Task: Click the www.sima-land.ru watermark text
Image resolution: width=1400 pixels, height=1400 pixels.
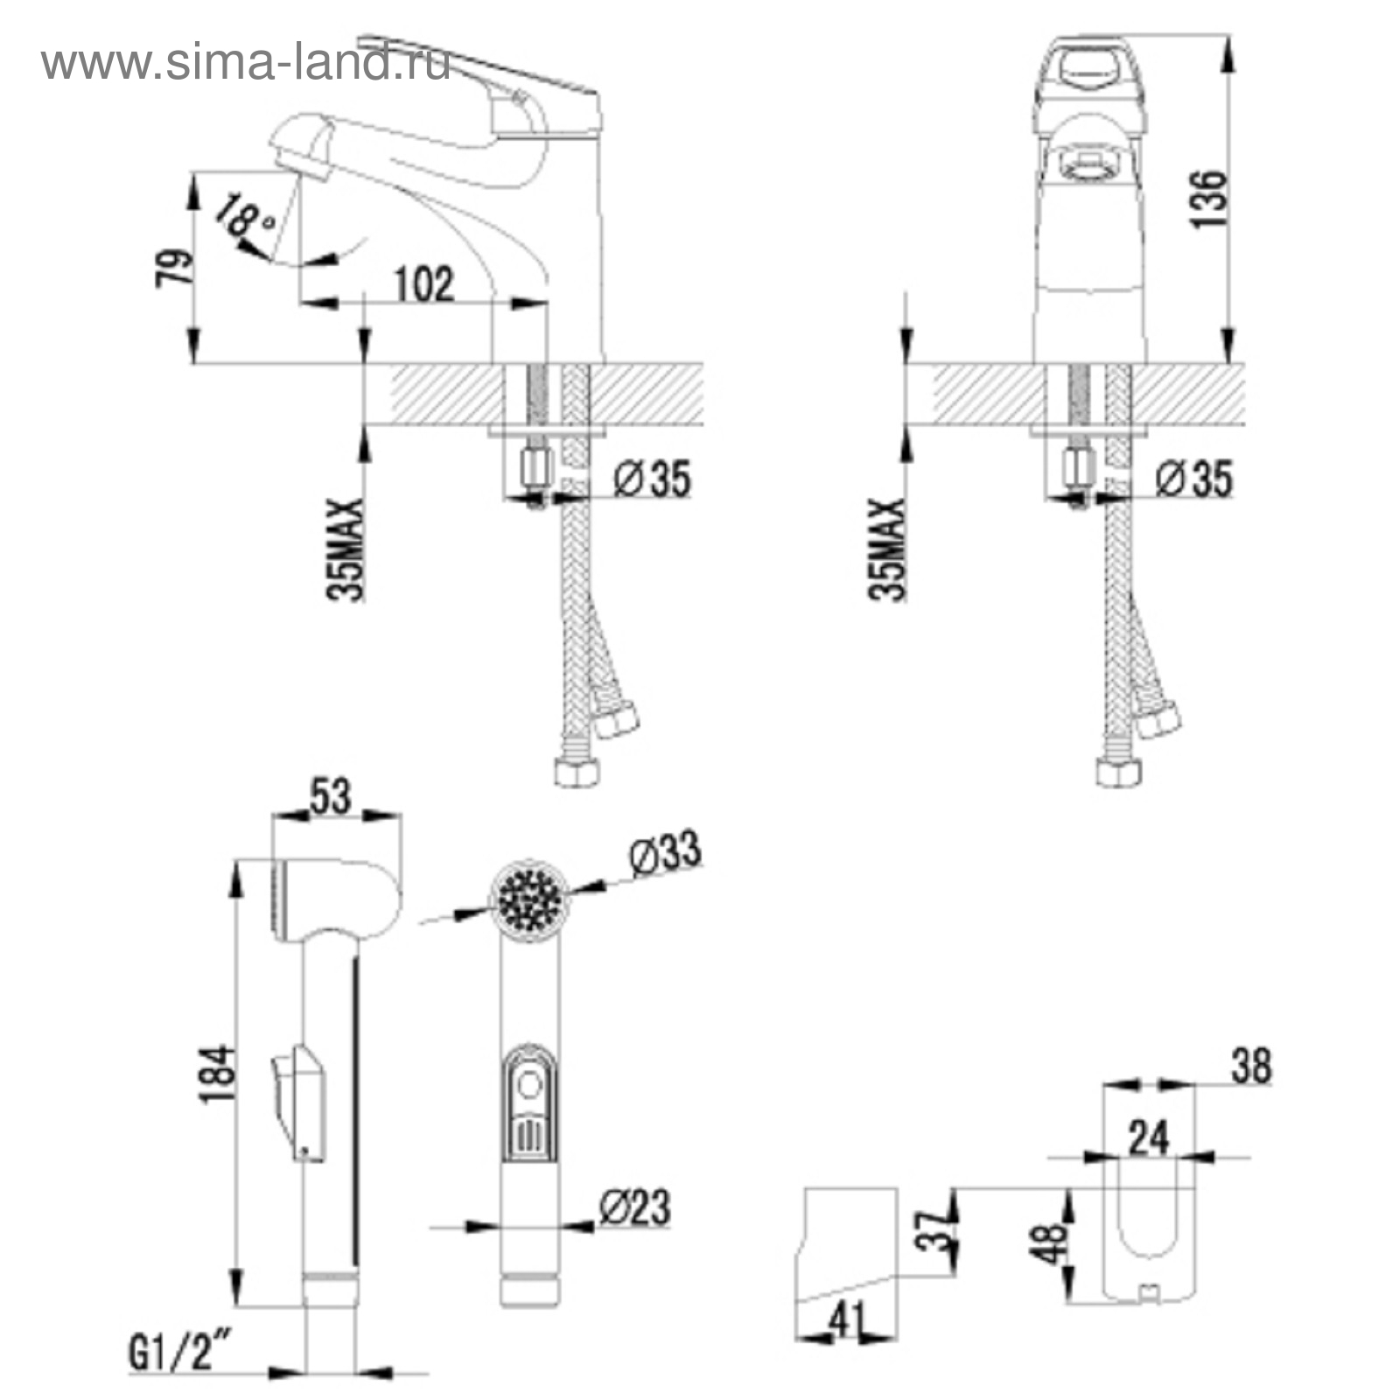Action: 245,63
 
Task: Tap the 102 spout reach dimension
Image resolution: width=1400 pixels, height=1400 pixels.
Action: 424,284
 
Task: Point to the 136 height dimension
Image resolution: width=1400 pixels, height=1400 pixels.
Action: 1208,199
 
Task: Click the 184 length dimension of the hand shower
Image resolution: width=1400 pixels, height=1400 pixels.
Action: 218,1074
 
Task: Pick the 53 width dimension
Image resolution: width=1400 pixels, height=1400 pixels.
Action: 331,796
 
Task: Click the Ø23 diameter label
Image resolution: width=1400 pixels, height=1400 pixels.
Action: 635,1207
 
